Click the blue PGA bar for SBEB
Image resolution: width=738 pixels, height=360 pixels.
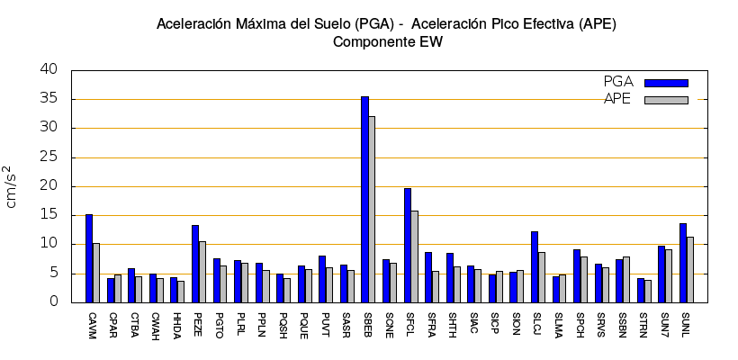(364, 200)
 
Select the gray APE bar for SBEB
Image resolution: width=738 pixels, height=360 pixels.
(372, 210)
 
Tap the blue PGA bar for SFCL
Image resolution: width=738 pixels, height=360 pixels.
(408, 246)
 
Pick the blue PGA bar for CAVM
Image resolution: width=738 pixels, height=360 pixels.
(89, 258)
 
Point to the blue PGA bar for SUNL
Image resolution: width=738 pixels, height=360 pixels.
(683, 263)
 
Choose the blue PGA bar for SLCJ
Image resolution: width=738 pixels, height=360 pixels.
(535, 267)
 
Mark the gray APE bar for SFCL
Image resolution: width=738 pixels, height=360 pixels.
(415, 256)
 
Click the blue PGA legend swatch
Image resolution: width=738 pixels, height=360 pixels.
(666, 83)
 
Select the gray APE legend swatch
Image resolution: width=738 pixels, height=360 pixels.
(666, 100)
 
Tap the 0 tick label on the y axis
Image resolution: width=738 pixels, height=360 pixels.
(54, 302)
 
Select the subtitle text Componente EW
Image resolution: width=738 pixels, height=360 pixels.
(387, 41)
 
